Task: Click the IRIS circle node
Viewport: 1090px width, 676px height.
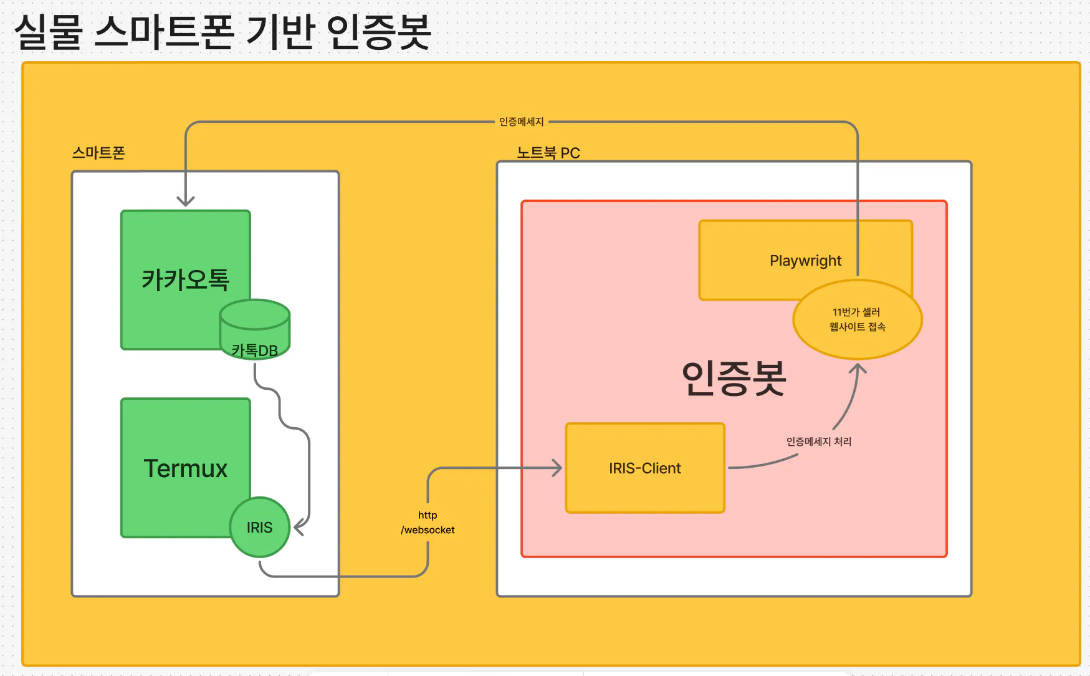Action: pos(260,528)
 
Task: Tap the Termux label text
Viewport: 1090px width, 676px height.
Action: pos(186,468)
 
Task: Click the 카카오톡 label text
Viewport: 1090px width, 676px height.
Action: pos(186,279)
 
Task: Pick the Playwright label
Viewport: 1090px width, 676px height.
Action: pos(805,261)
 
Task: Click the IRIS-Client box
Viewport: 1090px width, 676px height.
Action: pos(645,468)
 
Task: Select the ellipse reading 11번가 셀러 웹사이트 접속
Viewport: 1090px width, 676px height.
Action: pos(858,319)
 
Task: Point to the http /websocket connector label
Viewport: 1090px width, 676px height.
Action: pos(428,523)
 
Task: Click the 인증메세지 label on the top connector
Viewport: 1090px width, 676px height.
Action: pos(522,122)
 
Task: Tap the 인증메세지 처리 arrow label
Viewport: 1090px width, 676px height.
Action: pos(819,442)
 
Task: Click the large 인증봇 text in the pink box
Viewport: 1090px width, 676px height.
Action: pos(734,378)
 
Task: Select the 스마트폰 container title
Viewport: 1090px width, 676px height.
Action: pos(98,153)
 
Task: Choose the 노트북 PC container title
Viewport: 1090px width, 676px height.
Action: pos(548,153)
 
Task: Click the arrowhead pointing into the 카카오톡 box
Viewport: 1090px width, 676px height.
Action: pos(186,201)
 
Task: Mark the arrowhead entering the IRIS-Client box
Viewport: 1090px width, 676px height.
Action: pos(557,468)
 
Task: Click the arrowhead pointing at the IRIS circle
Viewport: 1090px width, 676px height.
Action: pos(299,527)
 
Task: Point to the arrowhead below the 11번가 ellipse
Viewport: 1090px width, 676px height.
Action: pos(858,369)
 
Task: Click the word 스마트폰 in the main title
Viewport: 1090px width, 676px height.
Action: pos(164,32)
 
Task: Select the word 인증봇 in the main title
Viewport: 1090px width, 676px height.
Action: pos(378,32)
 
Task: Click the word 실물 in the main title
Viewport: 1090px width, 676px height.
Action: pos(49,32)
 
